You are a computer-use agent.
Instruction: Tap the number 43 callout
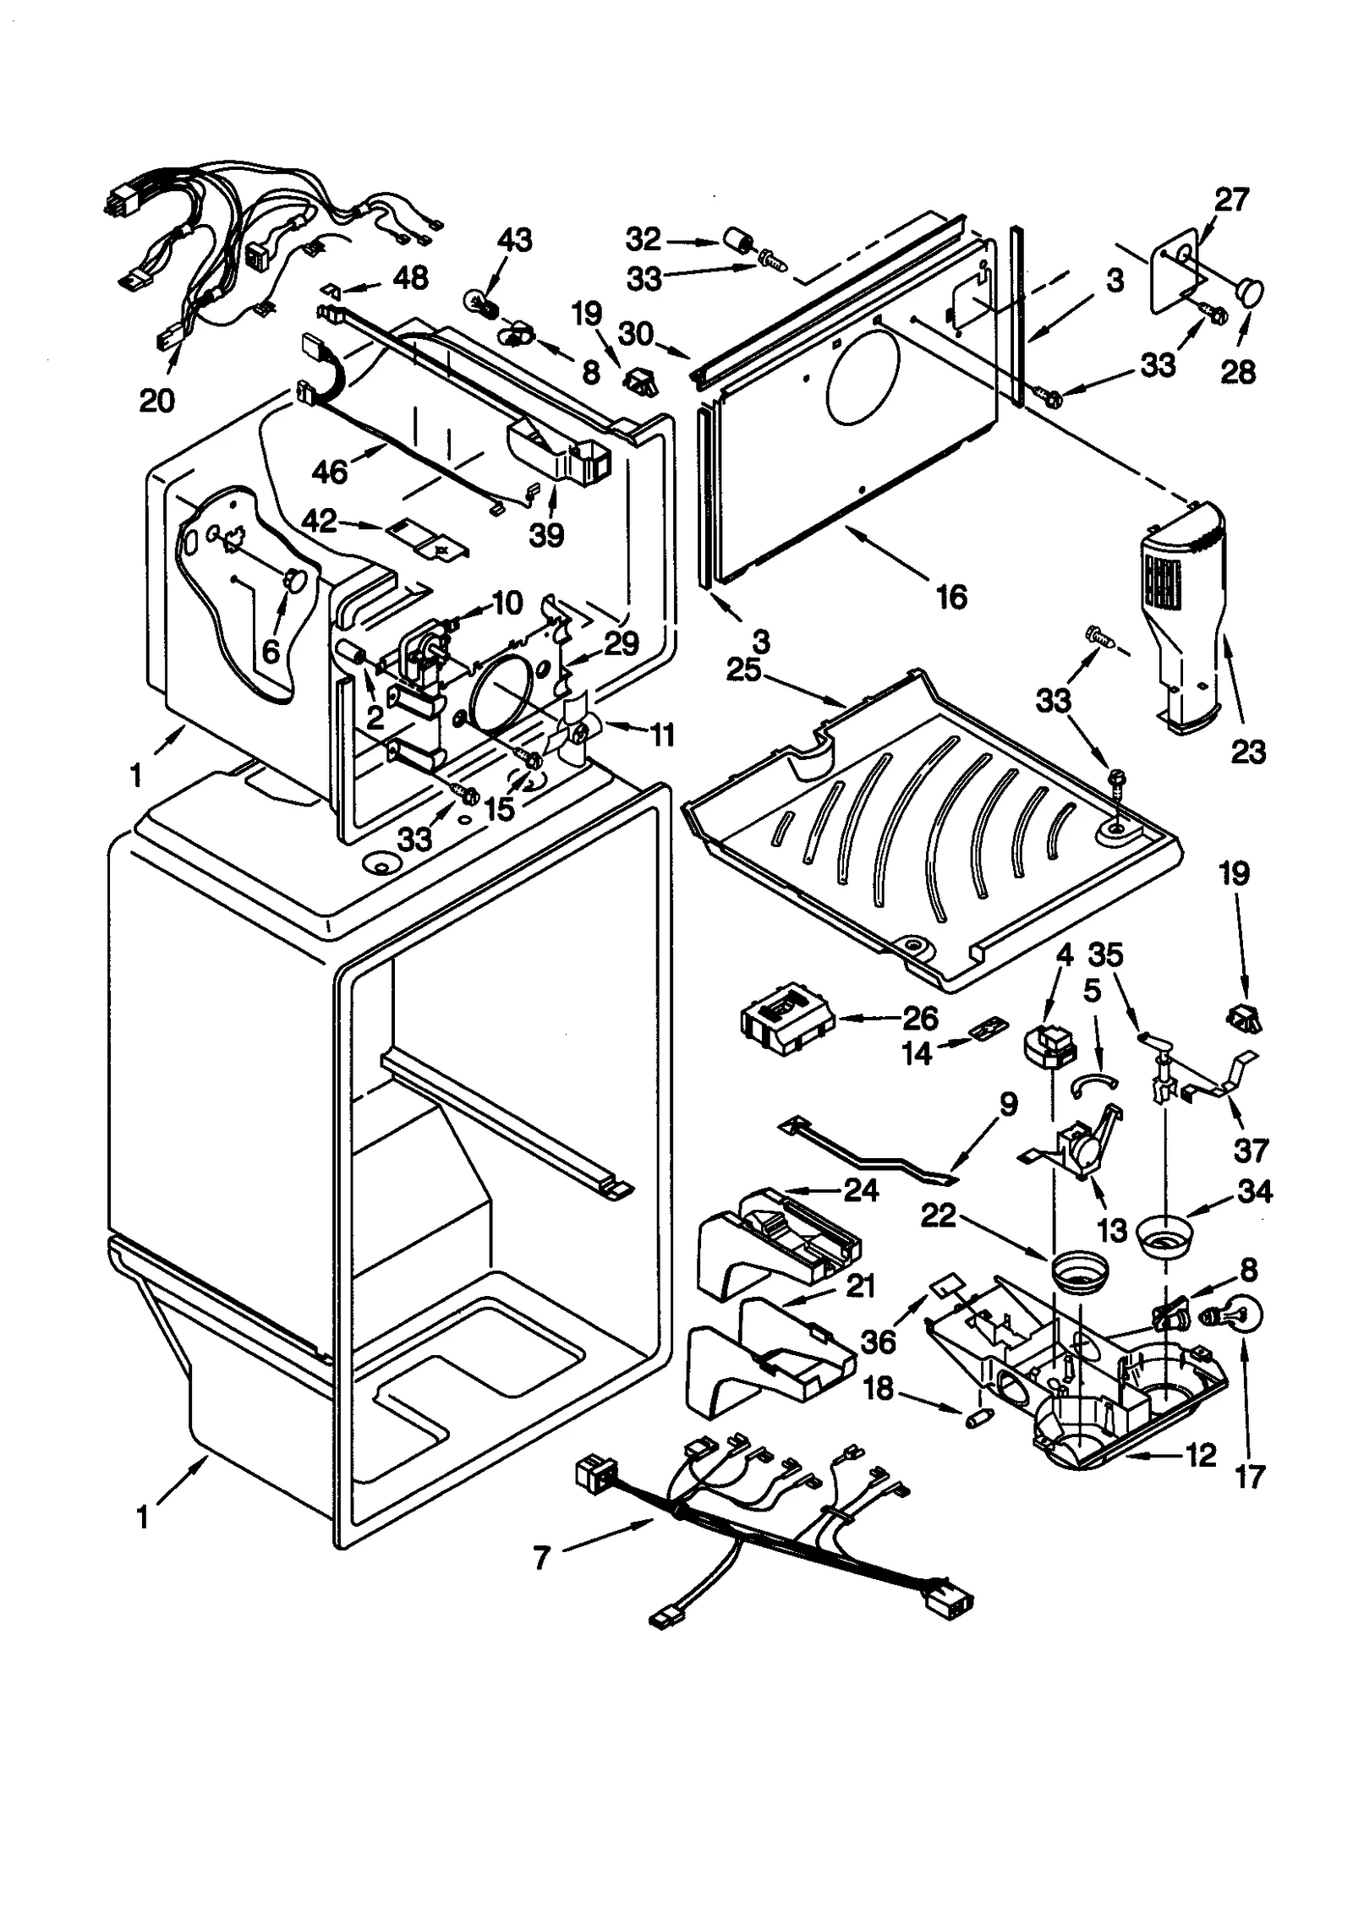coord(514,240)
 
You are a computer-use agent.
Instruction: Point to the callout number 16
coord(951,597)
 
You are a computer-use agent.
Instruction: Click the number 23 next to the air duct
coord(1248,751)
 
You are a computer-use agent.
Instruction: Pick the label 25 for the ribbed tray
coord(744,670)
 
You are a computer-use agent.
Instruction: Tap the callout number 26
coord(919,1019)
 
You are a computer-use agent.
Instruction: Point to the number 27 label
coord(1230,200)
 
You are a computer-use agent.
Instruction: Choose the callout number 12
coord(1200,1455)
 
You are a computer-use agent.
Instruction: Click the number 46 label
coord(329,472)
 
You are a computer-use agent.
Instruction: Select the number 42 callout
coord(320,522)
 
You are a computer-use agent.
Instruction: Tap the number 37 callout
coord(1251,1150)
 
